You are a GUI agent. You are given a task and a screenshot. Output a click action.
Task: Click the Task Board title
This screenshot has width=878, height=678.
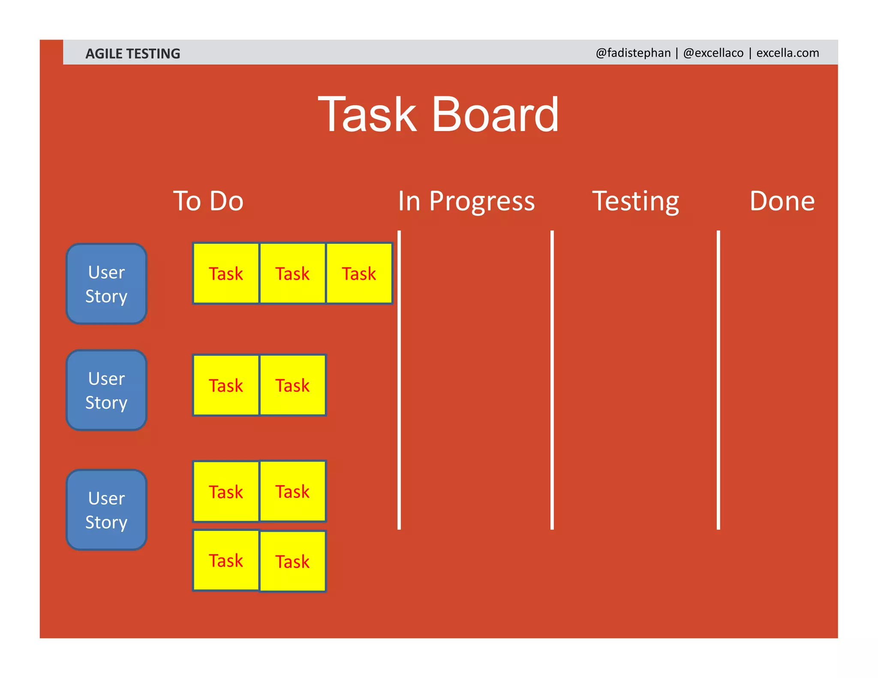[438, 114]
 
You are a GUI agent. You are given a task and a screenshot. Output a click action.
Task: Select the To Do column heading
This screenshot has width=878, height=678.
[208, 201]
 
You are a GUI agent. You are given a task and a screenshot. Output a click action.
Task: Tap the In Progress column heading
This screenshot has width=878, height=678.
[466, 201]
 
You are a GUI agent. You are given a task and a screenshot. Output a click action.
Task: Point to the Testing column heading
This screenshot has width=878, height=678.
[635, 201]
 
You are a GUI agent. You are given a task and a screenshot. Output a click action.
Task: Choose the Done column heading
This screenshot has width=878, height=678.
[782, 201]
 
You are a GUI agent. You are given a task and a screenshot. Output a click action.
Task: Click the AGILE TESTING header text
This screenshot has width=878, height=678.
[132, 54]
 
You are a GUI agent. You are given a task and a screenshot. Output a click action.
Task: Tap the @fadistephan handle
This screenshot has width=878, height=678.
[633, 53]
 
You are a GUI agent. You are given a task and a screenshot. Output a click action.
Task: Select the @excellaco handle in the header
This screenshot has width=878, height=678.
[713, 53]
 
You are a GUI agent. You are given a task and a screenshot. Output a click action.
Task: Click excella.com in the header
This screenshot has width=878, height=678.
[788, 53]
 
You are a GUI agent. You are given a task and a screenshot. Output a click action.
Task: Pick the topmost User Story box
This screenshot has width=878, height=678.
[106, 284]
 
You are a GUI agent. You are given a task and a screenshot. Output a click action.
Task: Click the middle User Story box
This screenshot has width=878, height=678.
[106, 390]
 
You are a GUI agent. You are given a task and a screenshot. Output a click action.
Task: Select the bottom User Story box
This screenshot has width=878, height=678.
[106, 510]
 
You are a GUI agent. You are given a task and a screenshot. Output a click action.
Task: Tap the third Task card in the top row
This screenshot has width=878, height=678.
[359, 273]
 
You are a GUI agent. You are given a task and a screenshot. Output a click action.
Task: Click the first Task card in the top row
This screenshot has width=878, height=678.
[226, 273]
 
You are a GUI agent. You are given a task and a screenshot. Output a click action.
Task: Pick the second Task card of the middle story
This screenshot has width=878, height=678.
[292, 385]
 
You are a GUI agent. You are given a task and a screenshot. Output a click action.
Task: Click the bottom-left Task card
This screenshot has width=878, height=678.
[226, 561]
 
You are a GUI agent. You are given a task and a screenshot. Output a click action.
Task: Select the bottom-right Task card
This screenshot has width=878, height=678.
[292, 561]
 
